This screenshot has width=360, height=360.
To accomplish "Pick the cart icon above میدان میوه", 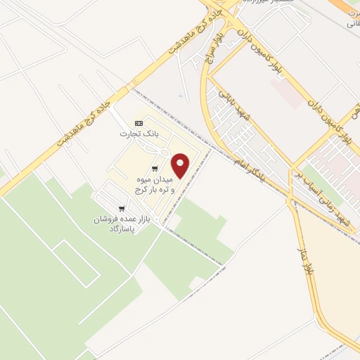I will click(x=154, y=168).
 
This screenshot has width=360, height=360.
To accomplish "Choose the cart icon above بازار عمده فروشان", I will click(x=122, y=209).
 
